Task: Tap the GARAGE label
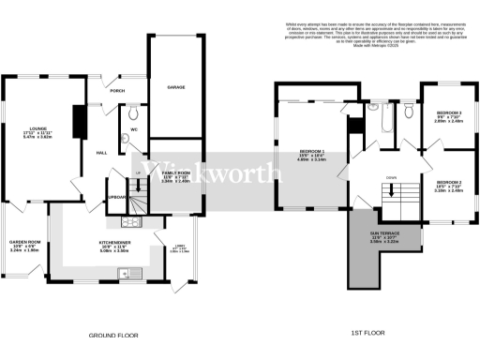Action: [x=175, y=86]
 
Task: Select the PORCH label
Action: [x=118, y=91]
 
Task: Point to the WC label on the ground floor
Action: [x=134, y=128]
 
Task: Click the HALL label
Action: [x=101, y=153]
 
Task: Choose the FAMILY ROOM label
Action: [x=175, y=173]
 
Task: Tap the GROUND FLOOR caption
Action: [x=115, y=333]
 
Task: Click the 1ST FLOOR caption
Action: [x=370, y=333]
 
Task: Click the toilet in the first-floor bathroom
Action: [x=407, y=114]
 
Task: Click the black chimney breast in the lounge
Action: [x=80, y=121]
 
